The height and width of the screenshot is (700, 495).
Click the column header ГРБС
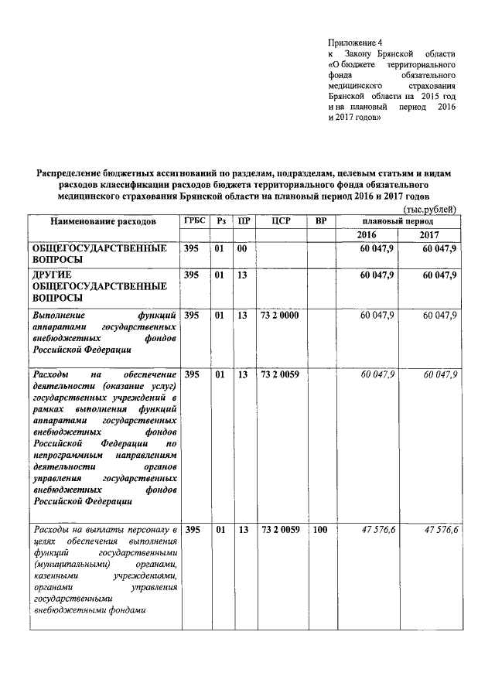pyautogui.click(x=194, y=220)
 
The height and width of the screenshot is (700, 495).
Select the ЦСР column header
pyautogui.click(x=280, y=220)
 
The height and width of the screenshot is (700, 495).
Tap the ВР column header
pyautogui.click(x=321, y=220)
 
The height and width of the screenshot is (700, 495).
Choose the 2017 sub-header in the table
pyautogui.click(x=430, y=234)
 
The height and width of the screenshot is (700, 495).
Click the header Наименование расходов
pyautogui.click(x=103, y=221)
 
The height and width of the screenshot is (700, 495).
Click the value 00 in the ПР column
pyautogui.click(x=242, y=248)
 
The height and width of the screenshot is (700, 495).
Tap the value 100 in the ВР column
pyautogui.click(x=320, y=530)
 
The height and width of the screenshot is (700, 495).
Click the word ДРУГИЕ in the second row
pyautogui.click(x=52, y=275)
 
